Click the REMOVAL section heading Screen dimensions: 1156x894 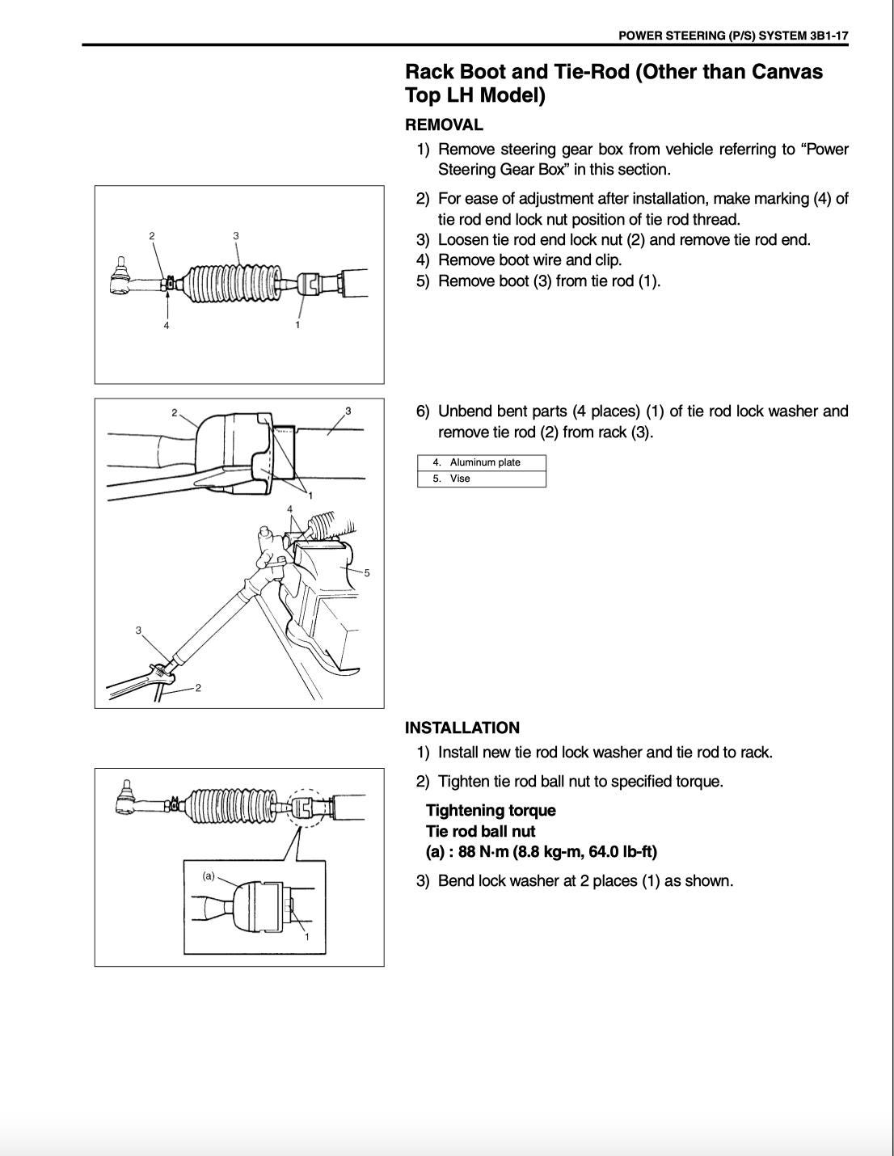444,125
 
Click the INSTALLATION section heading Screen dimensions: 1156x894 462,728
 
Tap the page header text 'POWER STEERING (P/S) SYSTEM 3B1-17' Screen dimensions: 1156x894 732,36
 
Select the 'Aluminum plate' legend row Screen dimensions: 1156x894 482,462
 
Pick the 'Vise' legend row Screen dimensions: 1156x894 482,479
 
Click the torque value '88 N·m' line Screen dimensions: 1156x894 542,852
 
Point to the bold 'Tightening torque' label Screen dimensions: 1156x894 491,810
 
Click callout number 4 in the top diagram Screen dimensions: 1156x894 167,325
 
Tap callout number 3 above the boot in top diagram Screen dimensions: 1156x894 236,235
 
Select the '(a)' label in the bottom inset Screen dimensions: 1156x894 209,875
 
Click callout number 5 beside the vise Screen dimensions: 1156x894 367,573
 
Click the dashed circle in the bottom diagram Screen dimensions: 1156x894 303,807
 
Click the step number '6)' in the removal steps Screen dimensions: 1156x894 423,411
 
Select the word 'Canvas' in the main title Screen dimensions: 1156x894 786,71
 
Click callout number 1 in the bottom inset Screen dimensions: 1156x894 306,937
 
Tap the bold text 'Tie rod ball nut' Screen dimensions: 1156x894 480,831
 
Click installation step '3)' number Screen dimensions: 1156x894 423,881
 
